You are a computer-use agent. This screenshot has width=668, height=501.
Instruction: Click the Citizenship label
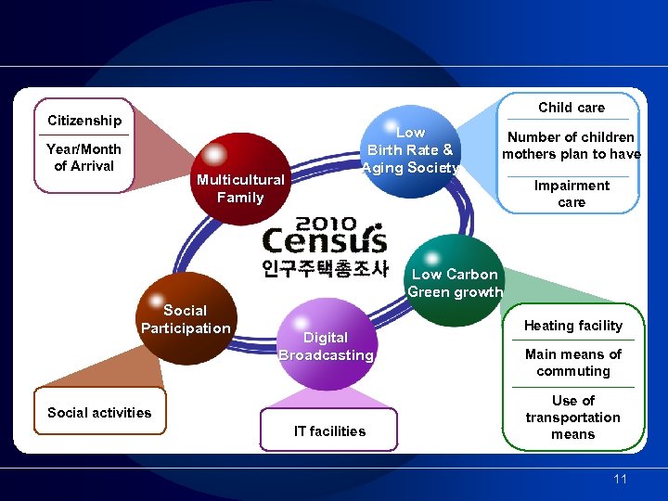tap(84, 121)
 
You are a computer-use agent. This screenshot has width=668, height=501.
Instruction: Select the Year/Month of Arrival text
tap(84, 158)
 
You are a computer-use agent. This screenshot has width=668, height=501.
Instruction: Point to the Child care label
tap(572, 108)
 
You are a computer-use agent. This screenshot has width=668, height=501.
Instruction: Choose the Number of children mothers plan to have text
tap(572, 146)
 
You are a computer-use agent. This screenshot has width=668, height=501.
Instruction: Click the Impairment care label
tap(572, 194)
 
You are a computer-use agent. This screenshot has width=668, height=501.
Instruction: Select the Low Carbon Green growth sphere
tap(455, 281)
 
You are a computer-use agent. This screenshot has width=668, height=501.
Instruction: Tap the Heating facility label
tap(573, 326)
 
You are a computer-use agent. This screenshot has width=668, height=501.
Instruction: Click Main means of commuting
tap(573, 363)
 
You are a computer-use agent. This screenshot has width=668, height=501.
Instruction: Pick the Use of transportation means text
tap(573, 417)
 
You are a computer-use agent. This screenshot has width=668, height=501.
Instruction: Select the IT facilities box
tap(329, 430)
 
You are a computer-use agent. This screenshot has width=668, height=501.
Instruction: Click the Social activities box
tap(99, 413)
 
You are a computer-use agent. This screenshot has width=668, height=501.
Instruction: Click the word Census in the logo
tap(324, 241)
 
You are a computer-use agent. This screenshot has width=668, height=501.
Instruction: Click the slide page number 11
tap(621, 479)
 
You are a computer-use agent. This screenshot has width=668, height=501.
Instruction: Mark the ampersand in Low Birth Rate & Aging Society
tap(448, 150)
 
